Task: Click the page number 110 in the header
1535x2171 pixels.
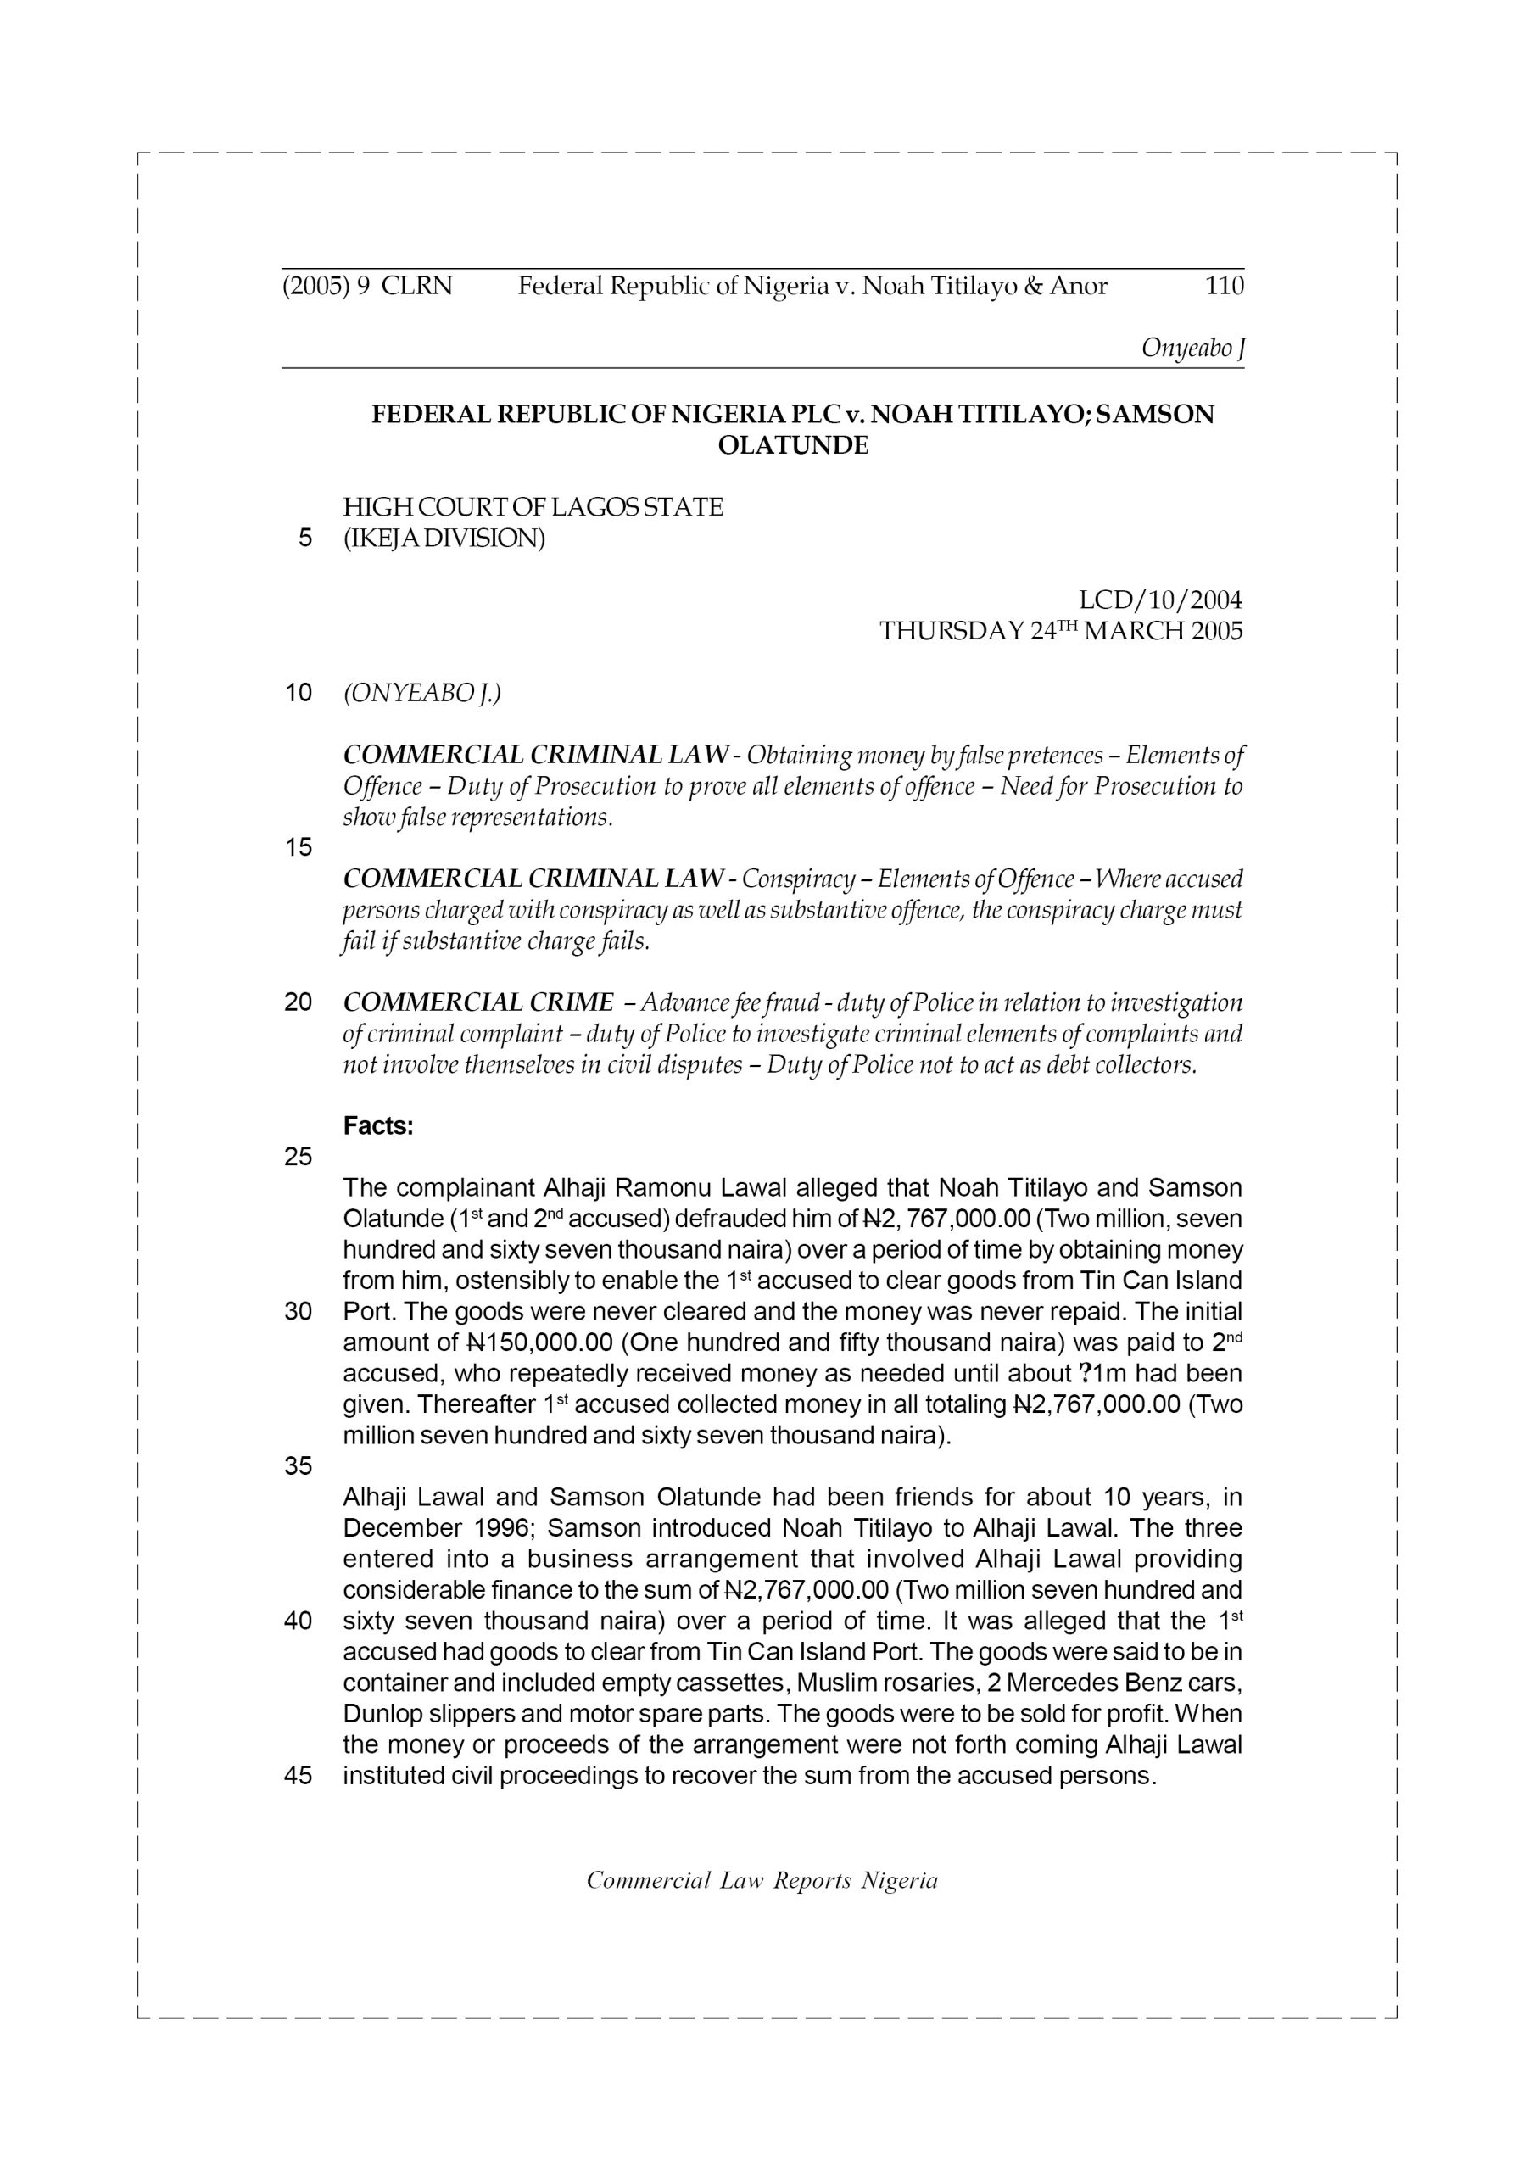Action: coord(1224,286)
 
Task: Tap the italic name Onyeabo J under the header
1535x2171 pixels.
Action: coord(1192,348)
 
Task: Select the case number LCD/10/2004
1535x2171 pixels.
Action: coord(1160,600)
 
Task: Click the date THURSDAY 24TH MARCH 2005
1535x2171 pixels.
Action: coord(1061,632)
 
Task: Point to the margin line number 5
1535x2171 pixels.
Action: coord(304,538)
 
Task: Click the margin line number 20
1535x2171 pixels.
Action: coord(298,1002)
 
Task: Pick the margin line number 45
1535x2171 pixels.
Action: coord(298,1776)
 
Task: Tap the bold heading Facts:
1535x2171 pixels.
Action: coord(378,1126)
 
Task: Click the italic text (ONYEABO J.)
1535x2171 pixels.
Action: coord(421,693)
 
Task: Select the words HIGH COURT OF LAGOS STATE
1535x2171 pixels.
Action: coord(533,508)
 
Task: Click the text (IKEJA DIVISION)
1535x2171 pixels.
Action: coord(444,539)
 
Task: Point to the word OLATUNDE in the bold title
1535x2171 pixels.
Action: coord(793,445)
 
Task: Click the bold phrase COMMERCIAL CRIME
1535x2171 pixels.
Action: coord(477,1002)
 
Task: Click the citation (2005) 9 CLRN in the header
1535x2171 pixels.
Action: coord(367,286)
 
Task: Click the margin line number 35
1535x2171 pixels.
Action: coord(298,1465)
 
